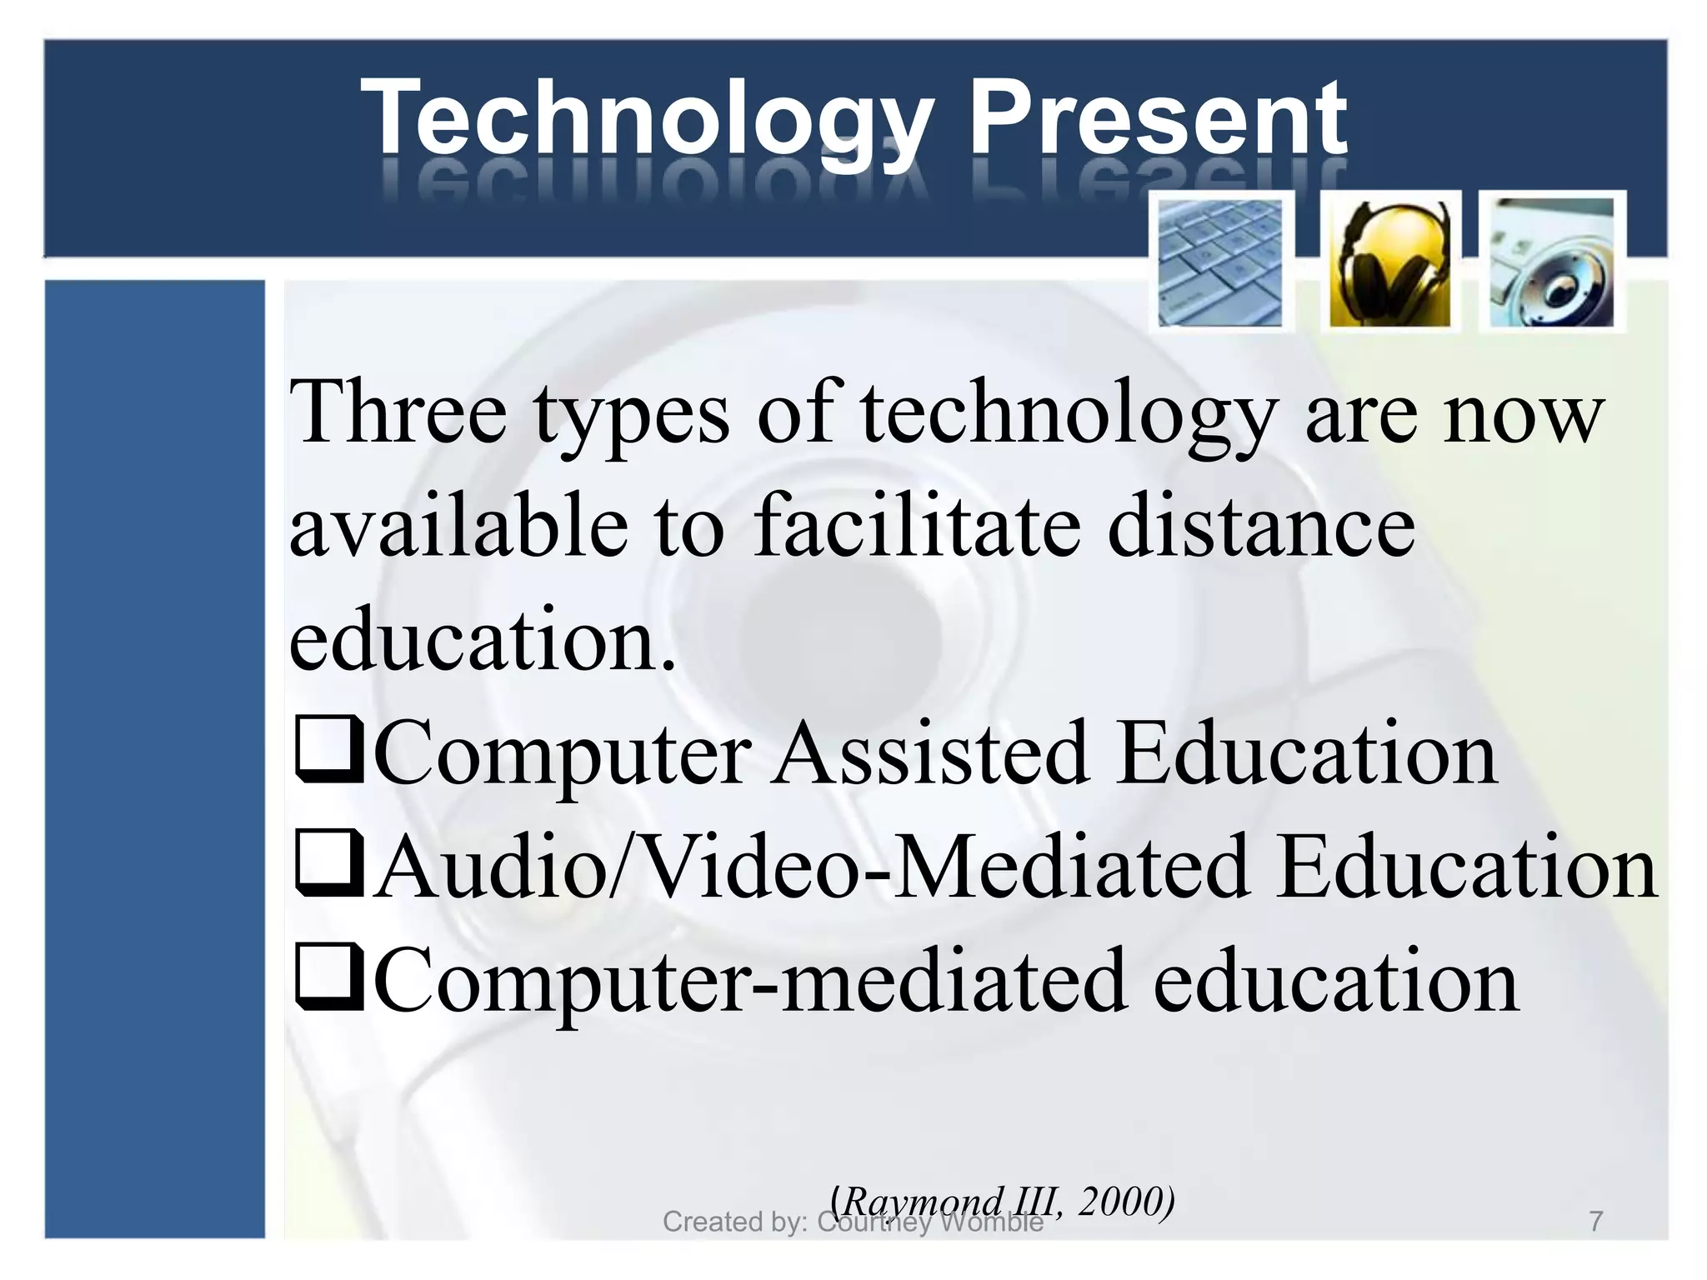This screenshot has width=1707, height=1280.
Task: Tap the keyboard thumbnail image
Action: tap(1220, 262)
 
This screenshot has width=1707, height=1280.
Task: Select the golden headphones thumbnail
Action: tap(1389, 262)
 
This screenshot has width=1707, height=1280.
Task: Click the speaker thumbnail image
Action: tap(1552, 262)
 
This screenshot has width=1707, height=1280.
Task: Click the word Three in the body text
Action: tap(398, 412)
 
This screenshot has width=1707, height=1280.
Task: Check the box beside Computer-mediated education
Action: tap(328, 977)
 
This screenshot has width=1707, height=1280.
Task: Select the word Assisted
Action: tap(929, 752)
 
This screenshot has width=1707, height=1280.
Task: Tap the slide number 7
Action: tap(1595, 1222)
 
